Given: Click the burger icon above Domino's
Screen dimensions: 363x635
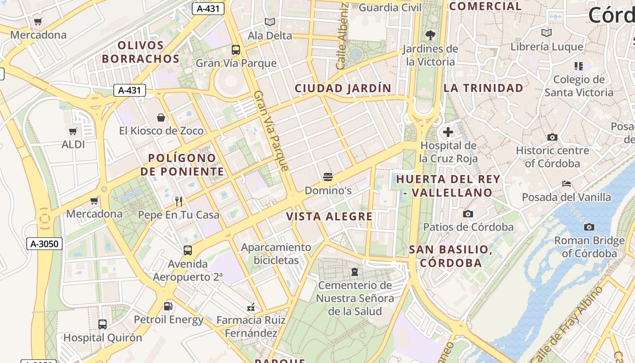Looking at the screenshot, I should pos(328,177).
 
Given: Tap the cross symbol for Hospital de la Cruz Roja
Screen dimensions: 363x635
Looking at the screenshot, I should pos(448,132).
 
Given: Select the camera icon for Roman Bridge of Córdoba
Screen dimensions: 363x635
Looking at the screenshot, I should pos(589,227).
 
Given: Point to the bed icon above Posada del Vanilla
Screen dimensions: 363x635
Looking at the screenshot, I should pos(566,184).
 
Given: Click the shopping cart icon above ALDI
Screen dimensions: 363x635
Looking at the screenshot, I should pos(73,132).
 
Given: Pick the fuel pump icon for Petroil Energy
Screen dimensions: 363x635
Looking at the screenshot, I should pos(168,306).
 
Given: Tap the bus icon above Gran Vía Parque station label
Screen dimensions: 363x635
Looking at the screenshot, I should pos(236,49).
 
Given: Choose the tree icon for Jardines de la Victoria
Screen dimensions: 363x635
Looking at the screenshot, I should pos(430,35).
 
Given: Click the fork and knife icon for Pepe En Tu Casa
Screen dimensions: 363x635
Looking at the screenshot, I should pos(179,201).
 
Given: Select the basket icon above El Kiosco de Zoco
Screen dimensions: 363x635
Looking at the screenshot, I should pos(161,118).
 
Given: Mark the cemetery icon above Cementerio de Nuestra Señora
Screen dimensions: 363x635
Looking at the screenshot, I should pos(355,272).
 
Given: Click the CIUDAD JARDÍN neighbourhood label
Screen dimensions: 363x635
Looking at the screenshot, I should pos(343,88).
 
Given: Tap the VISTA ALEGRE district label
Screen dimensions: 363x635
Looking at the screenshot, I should pos(329,216).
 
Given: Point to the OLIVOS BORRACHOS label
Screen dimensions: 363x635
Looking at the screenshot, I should pos(141,52).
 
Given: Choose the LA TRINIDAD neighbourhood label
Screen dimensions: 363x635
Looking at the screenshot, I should pos(483,88).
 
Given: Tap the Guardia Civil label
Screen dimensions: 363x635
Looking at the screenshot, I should pos(390,8).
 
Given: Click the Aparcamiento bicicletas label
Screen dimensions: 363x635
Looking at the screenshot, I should pos(276,254).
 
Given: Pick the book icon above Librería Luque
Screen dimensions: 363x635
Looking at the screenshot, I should pos(547,33).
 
